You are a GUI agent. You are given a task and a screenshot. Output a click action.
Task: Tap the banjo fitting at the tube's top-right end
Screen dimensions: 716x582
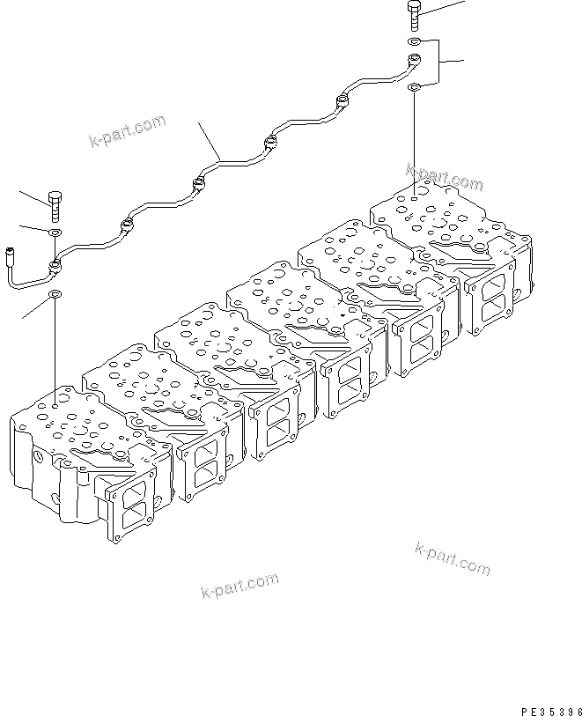click(x=412, y=61)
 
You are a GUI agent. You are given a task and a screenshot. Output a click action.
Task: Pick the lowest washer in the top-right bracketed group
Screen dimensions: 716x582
click(x=414, y=86)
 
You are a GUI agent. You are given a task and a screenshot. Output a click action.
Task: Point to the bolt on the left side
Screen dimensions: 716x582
click(x=55, y=206)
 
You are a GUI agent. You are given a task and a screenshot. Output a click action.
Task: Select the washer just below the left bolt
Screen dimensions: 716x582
click(x=55, y=233)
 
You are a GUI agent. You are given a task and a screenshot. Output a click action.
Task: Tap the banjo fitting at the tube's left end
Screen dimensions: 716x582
click(x=55, y=263)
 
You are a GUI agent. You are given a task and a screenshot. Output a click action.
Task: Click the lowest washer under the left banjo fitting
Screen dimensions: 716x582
click(x=55, y=293)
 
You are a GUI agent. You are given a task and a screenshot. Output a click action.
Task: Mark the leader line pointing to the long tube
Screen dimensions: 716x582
click(x=209, y=140)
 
